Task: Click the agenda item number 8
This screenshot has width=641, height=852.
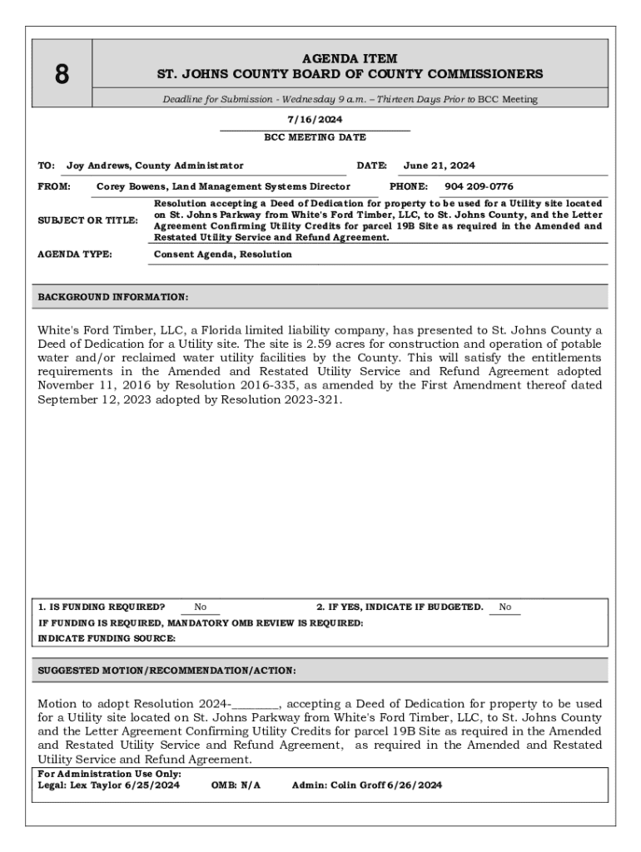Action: [x=62, y=75]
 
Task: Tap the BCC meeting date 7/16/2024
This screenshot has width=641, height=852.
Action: [x=315, y=120]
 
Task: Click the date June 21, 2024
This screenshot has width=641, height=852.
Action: [x=439, y=166]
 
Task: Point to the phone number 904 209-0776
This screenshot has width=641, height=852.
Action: [x=479, y=186]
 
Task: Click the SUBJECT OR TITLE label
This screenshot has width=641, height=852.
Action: [x=87, y=220]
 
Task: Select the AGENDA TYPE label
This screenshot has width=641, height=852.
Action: [x=75, y=255]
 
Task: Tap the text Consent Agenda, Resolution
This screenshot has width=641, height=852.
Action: [x=223, y=255]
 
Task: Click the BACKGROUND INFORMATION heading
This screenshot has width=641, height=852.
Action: [x=113, y=296]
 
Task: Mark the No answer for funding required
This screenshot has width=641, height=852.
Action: [x=201, y=607]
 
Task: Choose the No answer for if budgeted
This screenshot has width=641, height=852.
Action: [x=505, y=607]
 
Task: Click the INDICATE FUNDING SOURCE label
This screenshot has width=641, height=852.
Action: [x=107, y=638]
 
